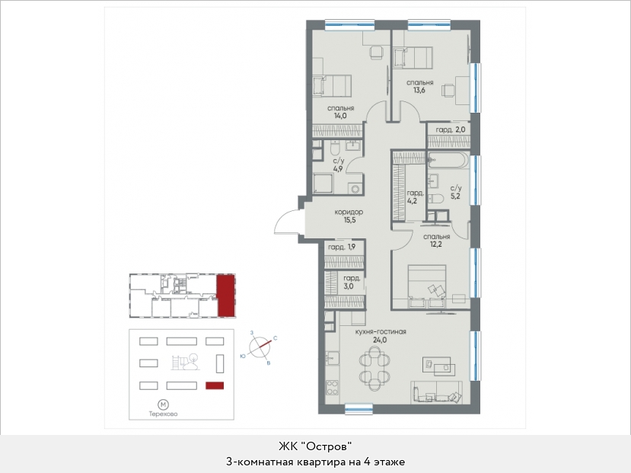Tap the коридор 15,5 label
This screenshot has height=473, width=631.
pyautogui.click(x=349, y=216)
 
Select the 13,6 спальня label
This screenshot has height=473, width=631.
pyautogui.click(x=419, y=86)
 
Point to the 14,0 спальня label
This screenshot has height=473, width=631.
pyautogui.click(x=340, y=112)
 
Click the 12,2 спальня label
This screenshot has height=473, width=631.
pyautogui.click(x=436, y=241)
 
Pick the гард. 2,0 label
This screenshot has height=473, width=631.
pyautogui.click(x=451, y=129)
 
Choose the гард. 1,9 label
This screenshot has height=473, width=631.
pyautogui.click(x=341, y=248)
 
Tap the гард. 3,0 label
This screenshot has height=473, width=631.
pyautogui.click(x=352, y=282)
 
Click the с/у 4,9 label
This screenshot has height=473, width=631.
pyautogui.click(x=338, y=165)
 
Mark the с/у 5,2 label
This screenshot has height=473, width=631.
pyautogui.click(x=455, y=192)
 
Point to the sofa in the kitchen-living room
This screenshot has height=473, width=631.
pyautogui.click(x=436, y=392)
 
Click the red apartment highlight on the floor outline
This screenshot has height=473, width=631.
pyautogui.click(x=226, y=296)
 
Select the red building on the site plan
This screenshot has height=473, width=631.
pyautogui.click(x=215, y=385)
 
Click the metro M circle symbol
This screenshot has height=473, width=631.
pyautogui.click(x=163, y=404)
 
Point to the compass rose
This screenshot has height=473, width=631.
pyautogui.click(x=259, y=347)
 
